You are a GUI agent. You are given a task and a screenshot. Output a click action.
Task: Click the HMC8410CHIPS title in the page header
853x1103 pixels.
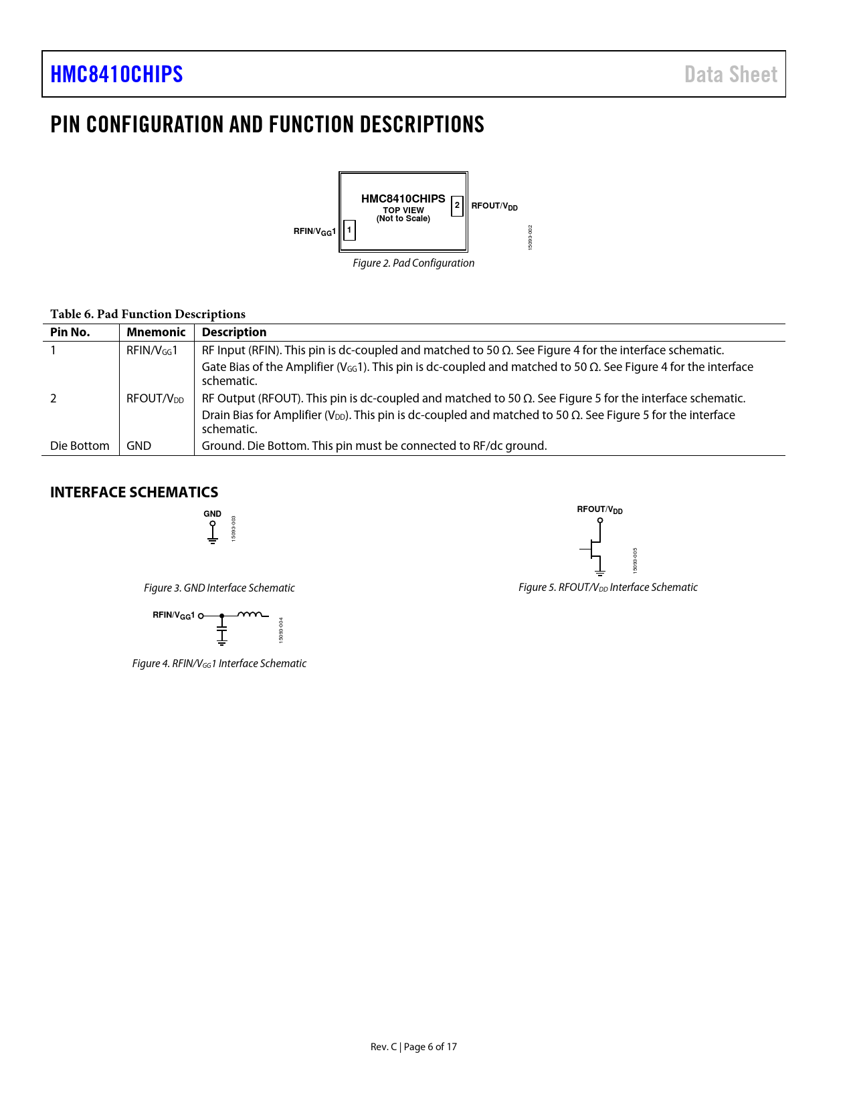tap(116, 74)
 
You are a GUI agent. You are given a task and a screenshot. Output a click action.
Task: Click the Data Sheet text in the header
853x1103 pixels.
tap(731, 74)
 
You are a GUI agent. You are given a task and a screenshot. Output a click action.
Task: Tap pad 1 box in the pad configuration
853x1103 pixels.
tap(349, 230)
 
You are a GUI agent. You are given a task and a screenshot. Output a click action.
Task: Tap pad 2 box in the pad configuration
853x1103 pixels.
tap(457, 205)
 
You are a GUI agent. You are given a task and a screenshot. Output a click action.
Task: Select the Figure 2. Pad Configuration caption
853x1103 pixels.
tap(413, 263)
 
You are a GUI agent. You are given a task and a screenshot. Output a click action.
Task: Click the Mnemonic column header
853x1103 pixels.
tap(156, 332)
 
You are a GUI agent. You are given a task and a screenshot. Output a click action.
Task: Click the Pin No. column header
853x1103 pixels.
tap(70, 332)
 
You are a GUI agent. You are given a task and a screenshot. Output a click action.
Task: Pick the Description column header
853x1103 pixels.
tap(234, 332)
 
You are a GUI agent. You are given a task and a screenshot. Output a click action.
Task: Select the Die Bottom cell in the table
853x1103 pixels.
tap(80, 446)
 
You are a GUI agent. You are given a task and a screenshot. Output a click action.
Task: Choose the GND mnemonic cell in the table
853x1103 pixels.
tap(139, 446)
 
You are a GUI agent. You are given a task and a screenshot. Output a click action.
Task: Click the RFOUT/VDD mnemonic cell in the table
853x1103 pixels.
tap(155, 398)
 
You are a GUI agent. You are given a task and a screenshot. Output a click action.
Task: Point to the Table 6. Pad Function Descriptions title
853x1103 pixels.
tap(148, 314)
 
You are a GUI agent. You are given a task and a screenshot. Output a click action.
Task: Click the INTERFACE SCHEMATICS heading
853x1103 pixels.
tap(134, 493)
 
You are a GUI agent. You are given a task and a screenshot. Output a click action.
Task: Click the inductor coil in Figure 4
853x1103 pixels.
tap(250, 614)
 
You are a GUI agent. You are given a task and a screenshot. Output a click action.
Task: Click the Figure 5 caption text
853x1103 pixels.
tap(607, 588)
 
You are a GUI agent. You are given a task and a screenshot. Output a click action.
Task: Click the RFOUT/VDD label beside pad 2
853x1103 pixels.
tap(494, 206)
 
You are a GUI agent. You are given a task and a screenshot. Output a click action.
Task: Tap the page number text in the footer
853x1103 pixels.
tap(413, 1047)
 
